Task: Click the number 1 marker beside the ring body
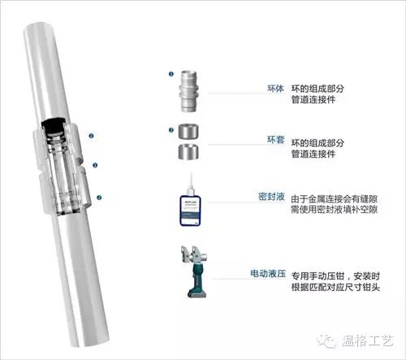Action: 171,74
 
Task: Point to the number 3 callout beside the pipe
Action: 95,166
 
